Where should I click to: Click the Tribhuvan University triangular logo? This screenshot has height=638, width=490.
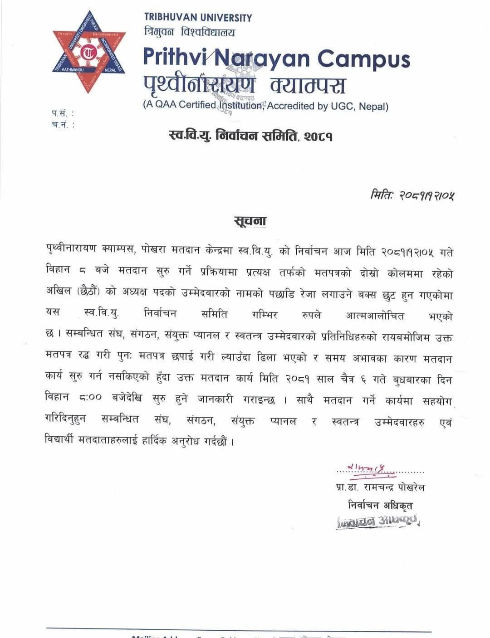click(89, 52)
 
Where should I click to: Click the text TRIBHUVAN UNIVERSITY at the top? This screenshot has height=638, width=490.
click(198, 18)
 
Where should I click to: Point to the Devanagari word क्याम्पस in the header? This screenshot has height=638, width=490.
click(308, 85)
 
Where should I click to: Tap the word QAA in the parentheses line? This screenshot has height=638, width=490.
click(166, 105)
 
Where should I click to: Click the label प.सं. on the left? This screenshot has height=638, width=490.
click(62, 113)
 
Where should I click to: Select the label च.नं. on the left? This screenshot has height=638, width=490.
click(62, 125)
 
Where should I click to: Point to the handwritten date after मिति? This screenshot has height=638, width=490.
click(426, 195)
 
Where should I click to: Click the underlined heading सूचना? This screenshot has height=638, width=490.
click(250, 221)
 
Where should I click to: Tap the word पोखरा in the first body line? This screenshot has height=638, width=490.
click(153, 251)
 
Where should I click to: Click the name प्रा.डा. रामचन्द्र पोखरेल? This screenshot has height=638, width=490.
click(380, 487)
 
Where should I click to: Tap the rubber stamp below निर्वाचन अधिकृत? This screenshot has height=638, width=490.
click(379, 521)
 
